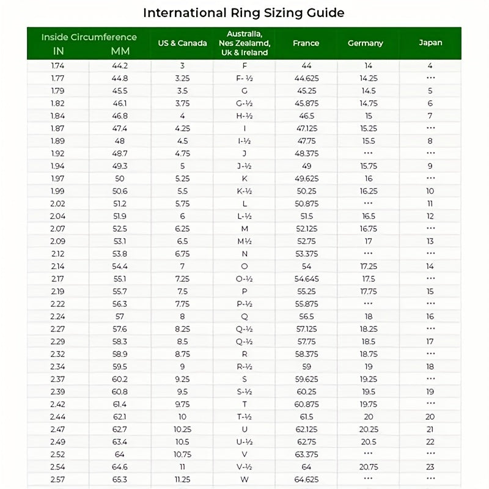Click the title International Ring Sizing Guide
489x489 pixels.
coord(243,12)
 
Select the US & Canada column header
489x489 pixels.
coord(182,43)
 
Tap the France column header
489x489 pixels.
coord(306,43)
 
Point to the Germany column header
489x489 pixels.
coord(366,43)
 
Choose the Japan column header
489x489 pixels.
coord(430,43)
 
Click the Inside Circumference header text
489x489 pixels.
coord(89,37)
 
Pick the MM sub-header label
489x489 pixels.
coord(120,51)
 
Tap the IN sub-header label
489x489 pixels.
coord(59,51)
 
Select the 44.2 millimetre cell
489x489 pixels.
coord(120,65)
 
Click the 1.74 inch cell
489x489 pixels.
coord(58,65)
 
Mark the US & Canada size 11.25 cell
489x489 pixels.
coord(182,479)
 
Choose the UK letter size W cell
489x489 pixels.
coord(244,479)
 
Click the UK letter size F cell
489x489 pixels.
coord(244,65)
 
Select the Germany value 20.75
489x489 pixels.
coord(368,467)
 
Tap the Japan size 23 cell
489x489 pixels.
coord(430,467)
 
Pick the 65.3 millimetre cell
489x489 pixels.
coord(120,479)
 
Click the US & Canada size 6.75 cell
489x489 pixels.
coord(182,254)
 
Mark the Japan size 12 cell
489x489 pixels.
coord(430,216)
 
